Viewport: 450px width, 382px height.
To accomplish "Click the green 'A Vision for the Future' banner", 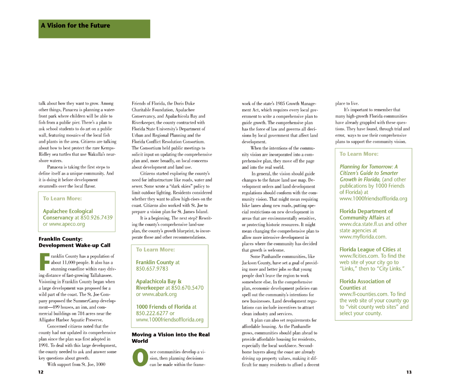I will click(x=94, y=29).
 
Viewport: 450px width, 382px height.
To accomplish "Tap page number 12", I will click(x=40, y=372).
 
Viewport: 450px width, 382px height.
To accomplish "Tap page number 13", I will click(x=409, y=372).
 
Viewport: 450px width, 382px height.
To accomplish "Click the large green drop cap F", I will click(x=44, y=262).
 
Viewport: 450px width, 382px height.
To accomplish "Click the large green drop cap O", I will click(x=139, y=357).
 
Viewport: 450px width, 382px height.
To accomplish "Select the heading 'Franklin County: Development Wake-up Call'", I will click(x=74, y=242).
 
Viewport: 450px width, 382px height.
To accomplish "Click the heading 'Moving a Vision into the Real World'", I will click(x=170, y=337).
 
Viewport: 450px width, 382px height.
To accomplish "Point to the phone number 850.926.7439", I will click(x=97, y=218).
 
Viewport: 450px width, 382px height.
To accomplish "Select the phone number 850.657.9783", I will click(x=152, y=269).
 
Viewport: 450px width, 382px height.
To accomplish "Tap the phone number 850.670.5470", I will click(x=187, y=288).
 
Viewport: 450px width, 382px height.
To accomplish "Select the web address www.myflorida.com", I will click(x=363, y=237).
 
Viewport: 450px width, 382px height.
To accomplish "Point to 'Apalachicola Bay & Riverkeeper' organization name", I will click(x=159, y=284).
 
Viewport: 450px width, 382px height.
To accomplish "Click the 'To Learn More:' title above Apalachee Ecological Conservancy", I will click(x=62, y=198).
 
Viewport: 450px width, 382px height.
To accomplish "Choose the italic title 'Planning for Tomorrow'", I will click(x=368, y=167).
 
